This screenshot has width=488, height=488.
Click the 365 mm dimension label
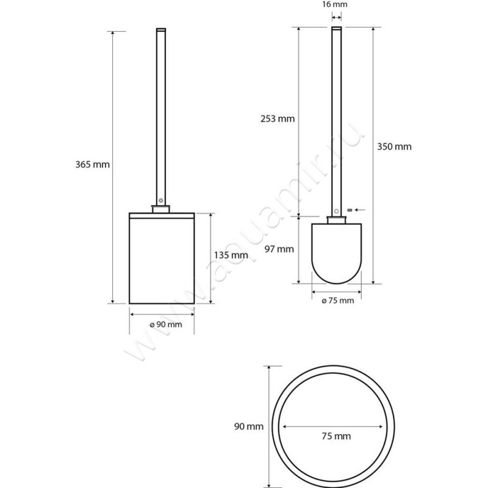(x=88, y=164)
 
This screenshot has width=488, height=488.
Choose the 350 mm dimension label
(x=394, y=146)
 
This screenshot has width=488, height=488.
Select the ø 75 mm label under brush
(x=336, y=301)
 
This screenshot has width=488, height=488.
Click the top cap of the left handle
(x=162, y=30)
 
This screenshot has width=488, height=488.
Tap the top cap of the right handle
(x=335, y=30)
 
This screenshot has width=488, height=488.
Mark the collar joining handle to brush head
(x=335, y=219)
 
